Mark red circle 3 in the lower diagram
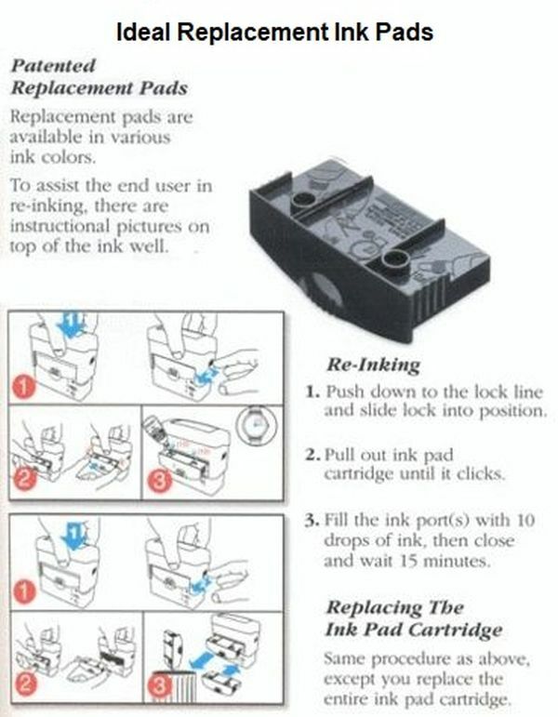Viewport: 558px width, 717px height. coord(161,689)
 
